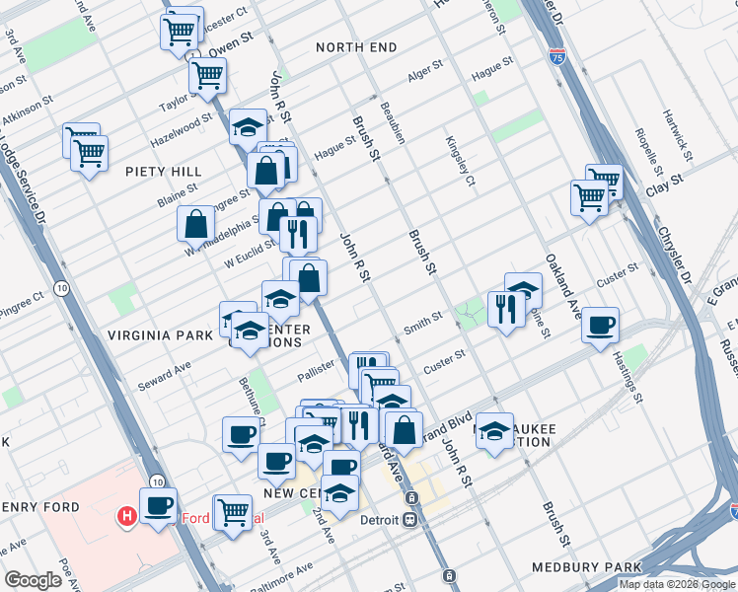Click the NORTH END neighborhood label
tap(356, 47)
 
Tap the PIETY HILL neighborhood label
tap(164, 171)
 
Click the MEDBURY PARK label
tap(586, 567)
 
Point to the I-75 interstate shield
tap(557, 58)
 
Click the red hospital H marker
tap(126, 515)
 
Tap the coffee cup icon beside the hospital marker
tap(158, 506)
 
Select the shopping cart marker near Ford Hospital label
tap(234, 511)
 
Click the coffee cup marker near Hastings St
tap(600, 325)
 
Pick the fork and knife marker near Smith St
tap(506, 310)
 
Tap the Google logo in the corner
tap(34, 580)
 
